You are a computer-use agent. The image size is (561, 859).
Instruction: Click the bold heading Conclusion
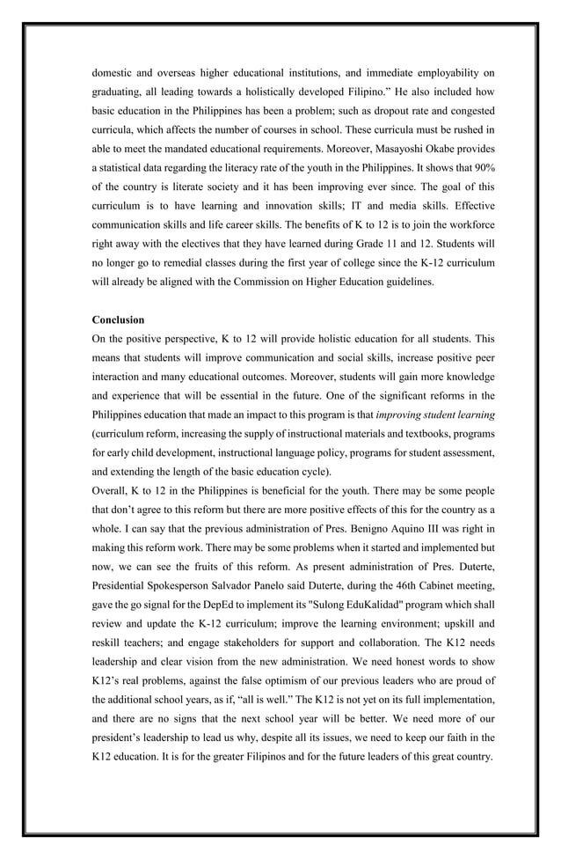tap(118, 319)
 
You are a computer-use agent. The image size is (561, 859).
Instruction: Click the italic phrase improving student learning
tap(434, 414)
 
